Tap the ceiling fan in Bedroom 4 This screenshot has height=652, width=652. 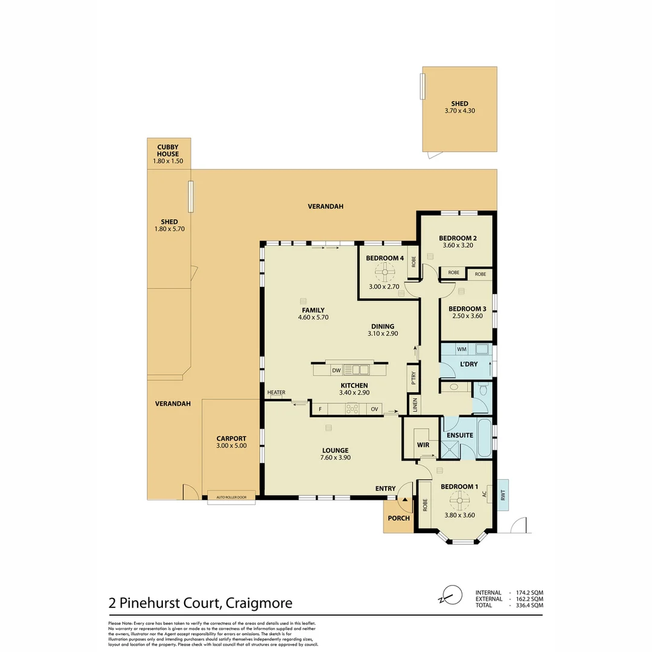pyautogui.click(x=383, y=272)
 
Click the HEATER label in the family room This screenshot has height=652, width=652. pyautogui.click(x=276, y=393)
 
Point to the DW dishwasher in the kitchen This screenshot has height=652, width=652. pyautogui.click(x=336, y=370)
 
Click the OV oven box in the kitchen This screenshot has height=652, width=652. pyautogui.click(x=374, y=409)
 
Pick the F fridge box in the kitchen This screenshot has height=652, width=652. pyautogui.click(x=319, y=409)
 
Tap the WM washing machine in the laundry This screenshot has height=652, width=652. pyautogui.click(x=461, y=349)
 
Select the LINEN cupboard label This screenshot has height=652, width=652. pyautogui.click(x=415, y=404)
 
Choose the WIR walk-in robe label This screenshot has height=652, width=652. pyautogui.click(x=423, y=445)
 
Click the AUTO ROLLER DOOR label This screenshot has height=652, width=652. pyautogui.click(x=231, y=498)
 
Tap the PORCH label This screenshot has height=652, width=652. pyautogui.click(x=398, y=518)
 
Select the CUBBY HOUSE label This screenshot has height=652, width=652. pyautogui.click(x=168, y=150)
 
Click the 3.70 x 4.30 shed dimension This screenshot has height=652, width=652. pyautogui.click(x=459, y=111)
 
